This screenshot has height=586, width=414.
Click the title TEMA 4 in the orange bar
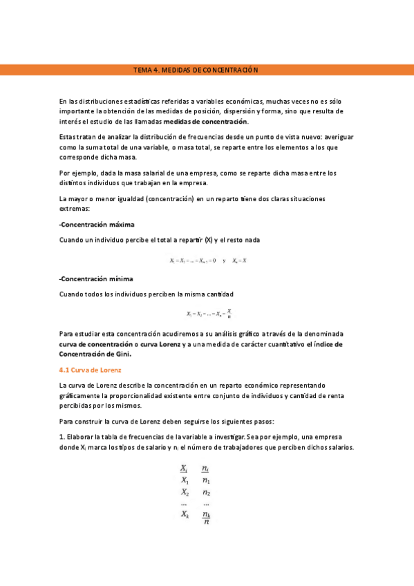[x=195, y=70]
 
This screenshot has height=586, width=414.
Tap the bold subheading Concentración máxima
[x=97, y=225]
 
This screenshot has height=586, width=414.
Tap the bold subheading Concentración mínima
[x=96, y=278]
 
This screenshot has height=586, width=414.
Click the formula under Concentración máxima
[x=208, y=261]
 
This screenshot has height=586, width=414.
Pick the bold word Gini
[x=120, y=354]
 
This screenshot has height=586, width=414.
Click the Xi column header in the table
[x=184, y=468]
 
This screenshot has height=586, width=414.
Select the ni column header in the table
[x=206, y=468]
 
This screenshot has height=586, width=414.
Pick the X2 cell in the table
[x=185, y=492]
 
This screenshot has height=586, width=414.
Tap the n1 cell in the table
[x=206, y=480]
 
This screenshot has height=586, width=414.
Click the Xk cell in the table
[x=185, y=514]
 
